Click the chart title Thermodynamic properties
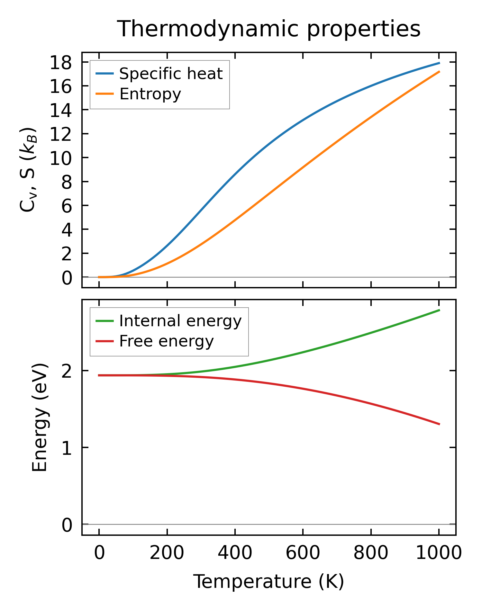pyautogui.click(x=268, y=29)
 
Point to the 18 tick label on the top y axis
pyautogui.click(x=60, y=62)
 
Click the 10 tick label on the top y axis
pyautogui.click(x=60, y=158)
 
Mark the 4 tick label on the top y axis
pyautogui.click(x=67, y=229)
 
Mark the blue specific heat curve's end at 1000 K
pyautogui.click(x=439, y=63)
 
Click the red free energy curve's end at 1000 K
pyautogui.click(x=439, y=424)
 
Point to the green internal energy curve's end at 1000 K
pyautogui.click(x=439, y=310)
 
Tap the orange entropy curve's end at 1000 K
pyautogui.click(x=439, y=72)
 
